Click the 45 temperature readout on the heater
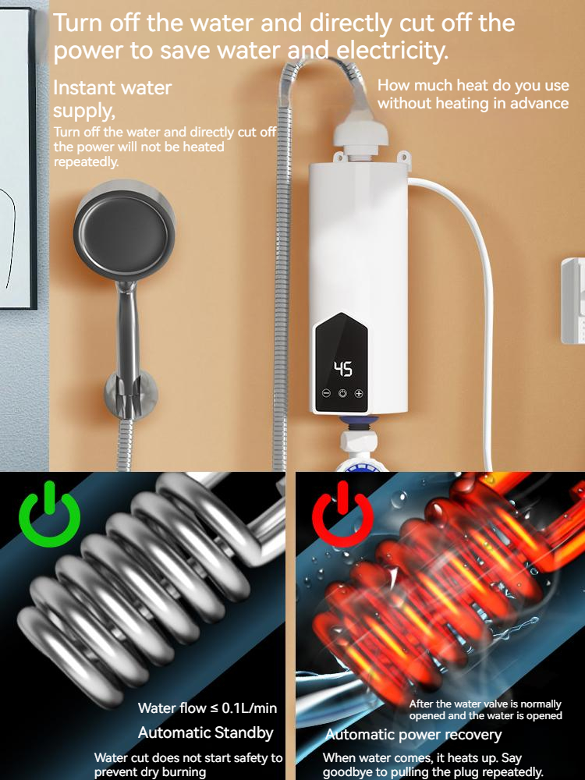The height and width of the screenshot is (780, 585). tap(343, 369)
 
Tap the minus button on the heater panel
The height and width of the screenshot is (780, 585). tap(326, 394)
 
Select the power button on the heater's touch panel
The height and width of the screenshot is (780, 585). tap(342, 394)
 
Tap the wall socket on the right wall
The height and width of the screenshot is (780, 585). tap(573, 300)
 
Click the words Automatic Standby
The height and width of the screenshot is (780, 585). tap(206, 733)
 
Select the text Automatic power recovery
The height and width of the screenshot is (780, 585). tap(413, 735)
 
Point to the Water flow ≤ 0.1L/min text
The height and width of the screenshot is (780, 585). tap(207, 708)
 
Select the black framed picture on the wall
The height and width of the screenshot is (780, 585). tap(17, 156)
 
